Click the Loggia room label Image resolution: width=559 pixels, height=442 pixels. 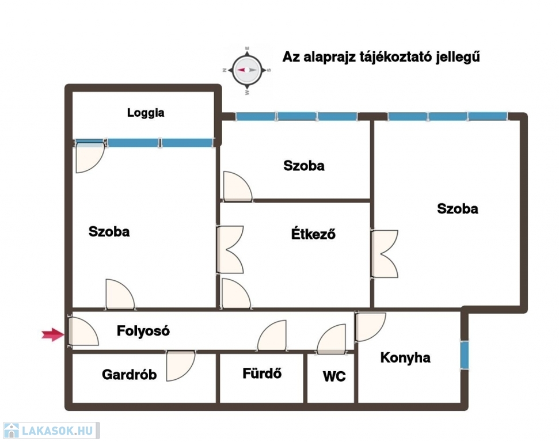(146, 113)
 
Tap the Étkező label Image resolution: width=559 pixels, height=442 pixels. (313, 234)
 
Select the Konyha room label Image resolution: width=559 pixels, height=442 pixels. (405, 357)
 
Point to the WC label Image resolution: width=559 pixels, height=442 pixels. (334, 376)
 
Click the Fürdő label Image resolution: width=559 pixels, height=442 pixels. (262, 373)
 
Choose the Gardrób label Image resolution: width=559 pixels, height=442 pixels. (129, 375)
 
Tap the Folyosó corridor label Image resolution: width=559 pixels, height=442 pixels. (143, 331)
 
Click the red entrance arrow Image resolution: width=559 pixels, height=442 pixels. (53, 334)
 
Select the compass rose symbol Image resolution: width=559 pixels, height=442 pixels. (247, 70)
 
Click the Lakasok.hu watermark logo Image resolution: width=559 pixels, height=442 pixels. (51, 430)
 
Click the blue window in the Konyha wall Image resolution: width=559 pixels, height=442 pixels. (464, 355)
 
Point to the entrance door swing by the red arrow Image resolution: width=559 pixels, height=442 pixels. (83, 331)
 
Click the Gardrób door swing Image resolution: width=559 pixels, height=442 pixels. (181, 365)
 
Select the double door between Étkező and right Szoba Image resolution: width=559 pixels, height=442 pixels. (385, 253)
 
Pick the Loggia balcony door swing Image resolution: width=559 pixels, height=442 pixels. (90, 158)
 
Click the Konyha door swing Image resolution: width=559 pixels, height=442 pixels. (370, 327)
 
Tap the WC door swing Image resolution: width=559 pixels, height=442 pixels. (331, 339)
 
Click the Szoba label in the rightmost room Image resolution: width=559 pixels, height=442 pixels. (458, 208)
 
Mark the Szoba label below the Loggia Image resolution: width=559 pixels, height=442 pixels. (109, 231)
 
